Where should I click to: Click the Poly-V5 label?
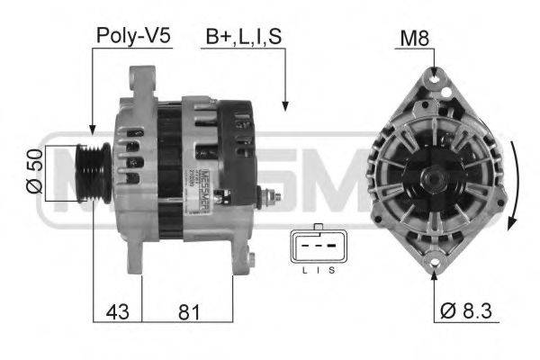[132, 37]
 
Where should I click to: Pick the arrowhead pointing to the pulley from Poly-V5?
[93, 133]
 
